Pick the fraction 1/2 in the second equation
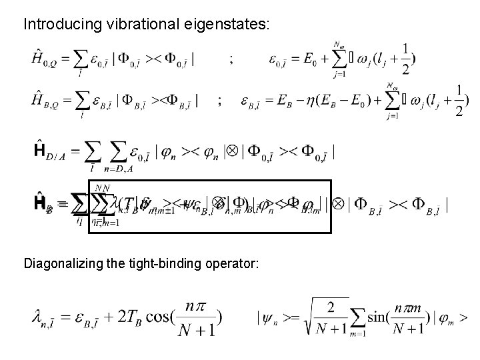(x=459, y=101)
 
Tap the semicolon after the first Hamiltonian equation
(x=231, y=59)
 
